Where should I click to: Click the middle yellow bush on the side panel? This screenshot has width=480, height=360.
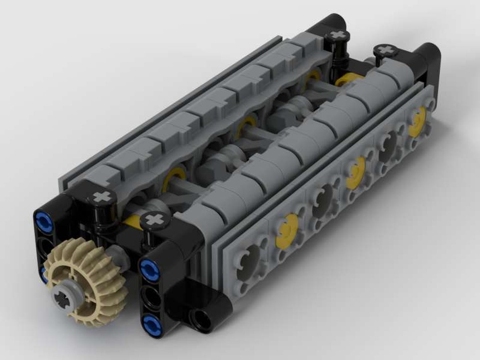pos(355,169)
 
